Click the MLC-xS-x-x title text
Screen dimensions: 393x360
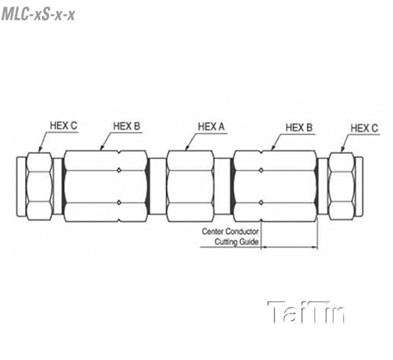point(38,14)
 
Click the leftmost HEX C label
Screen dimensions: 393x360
point(64,126)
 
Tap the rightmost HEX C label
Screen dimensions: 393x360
point(364,128)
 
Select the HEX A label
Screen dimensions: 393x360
point(212,126)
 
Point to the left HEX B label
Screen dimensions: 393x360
point(126,126)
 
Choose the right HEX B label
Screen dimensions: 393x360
point(299,128)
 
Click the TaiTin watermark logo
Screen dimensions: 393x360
point(307,312)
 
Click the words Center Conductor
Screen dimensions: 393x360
point(230,231)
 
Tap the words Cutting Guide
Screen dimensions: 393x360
point(236,242)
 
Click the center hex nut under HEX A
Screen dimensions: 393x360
point(191,186)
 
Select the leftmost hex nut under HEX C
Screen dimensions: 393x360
point(39,187)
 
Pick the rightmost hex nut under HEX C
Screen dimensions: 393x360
point(342,187)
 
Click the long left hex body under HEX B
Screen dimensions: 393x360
point(105,186)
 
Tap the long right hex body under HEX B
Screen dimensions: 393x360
point(274,186)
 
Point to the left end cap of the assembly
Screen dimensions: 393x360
point(22,187)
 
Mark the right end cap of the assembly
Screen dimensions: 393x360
point(359,187)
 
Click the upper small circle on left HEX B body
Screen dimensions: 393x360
point(119,170)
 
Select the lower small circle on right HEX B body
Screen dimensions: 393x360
point(261,202)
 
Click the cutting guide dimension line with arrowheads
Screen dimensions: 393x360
point(290,247)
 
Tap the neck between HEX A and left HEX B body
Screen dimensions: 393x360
point(157,186)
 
